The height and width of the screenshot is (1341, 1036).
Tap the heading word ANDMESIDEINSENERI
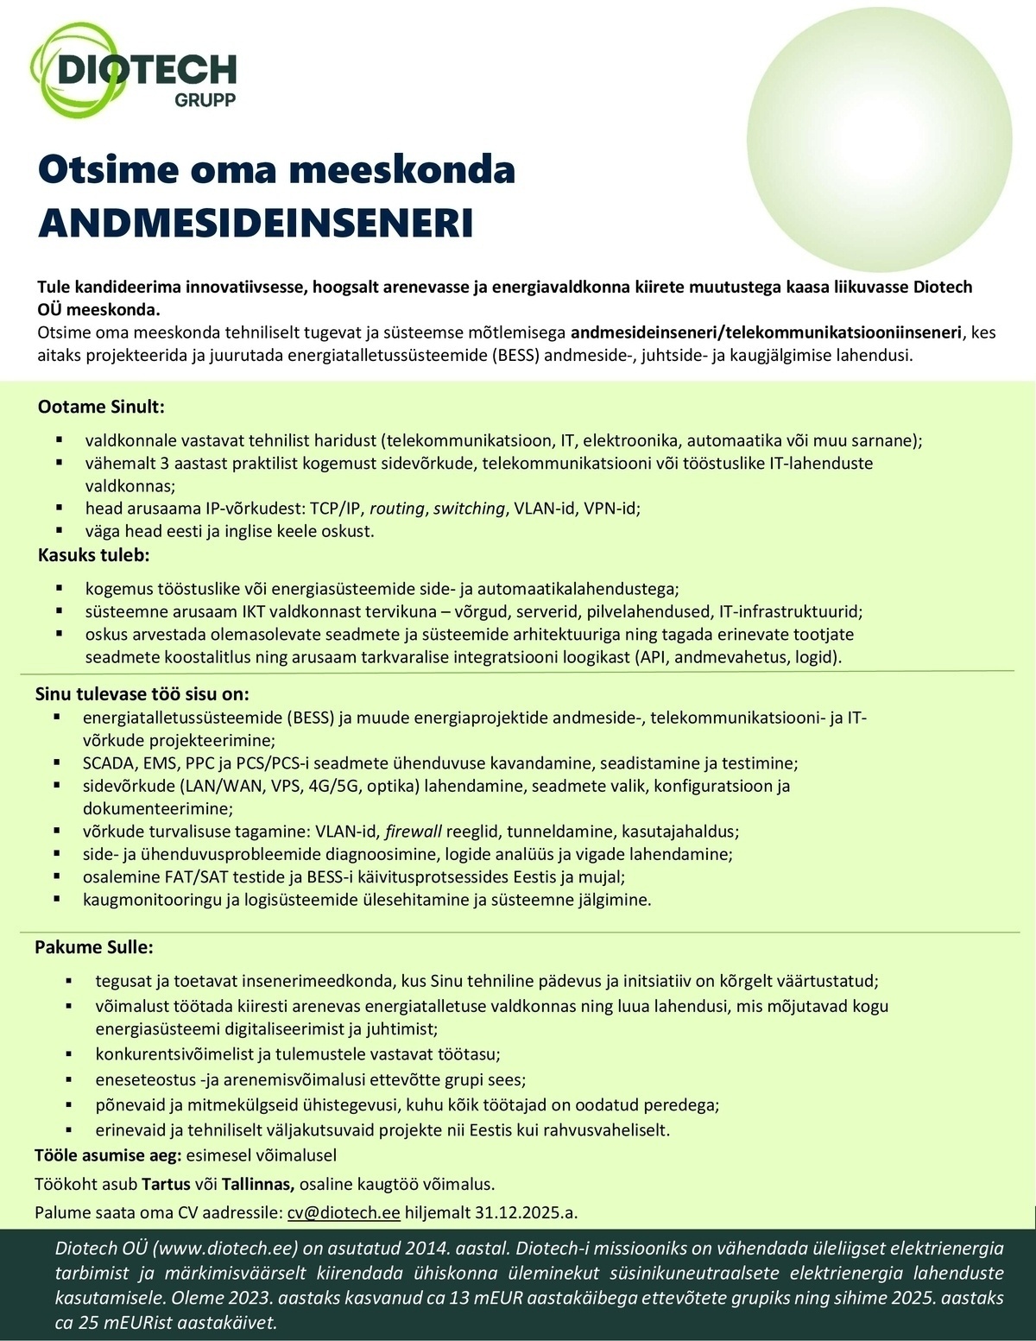(x=256, y=222)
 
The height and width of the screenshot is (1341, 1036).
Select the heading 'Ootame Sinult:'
(x=100, y=406)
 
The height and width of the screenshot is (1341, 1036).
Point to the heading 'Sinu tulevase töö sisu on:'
(x=142, y=693)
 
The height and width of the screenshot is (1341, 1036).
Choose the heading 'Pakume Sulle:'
(x=93, y=947)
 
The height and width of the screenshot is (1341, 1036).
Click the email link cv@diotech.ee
(x=344, y=1212)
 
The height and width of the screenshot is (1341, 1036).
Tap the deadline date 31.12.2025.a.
(x=526, y=1212)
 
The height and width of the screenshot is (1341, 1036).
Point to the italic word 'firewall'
(x=414, y=832)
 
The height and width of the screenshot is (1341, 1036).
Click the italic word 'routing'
(x=397, y=509)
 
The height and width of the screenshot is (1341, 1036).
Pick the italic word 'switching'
(x=469, y=509)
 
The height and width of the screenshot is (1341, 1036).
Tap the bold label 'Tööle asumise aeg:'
(x=106, y=1155)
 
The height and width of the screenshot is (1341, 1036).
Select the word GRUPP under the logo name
(x=205, y=99)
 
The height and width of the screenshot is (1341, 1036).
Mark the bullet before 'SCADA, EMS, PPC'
(x=57, y=762)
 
